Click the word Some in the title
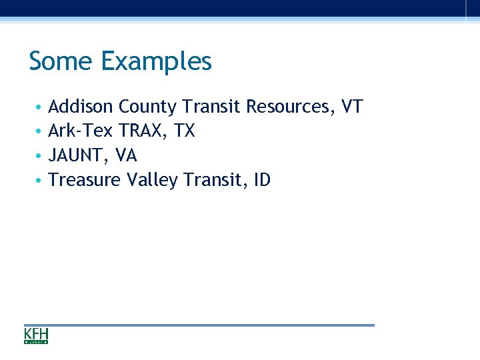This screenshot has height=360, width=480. pyautogui.click(x=62, y=61)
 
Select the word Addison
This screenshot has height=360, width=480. pyautogui.click(x=81, y=107)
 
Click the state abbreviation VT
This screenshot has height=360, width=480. pyautogui.click(x=351, y=107)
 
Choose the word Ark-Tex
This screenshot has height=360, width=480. pyautogui.click(x=81, y=131)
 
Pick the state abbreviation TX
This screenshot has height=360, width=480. pyautogui.click(x=184, y=131)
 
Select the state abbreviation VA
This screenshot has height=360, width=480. pyautogui.click(x=126, y=156)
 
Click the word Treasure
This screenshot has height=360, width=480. pyautogui.click(x=85, y=180)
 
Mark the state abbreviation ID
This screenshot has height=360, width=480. pyautogui.click(x=262, y=180)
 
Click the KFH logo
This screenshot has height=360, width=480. pyautogui.click(x=36, y=335)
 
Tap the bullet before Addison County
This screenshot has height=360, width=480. pyautogui.click(x=39, y=107)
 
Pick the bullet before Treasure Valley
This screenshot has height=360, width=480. pyautogui.click(x=39, y=181)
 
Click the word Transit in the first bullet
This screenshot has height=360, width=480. pyautogui.click(x=211, y=107)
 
